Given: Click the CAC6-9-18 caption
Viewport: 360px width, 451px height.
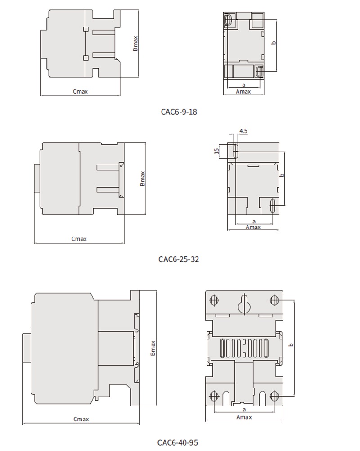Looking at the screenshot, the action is tap(179, 112).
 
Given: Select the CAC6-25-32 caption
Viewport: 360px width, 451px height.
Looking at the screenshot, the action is tap(178, 259).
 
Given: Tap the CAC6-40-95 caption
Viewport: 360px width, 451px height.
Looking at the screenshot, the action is tap(178, 442).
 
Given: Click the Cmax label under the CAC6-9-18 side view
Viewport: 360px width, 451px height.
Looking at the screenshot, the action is tap(80, 91).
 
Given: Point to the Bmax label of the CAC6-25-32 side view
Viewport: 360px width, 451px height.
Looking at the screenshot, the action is tap(143, 179).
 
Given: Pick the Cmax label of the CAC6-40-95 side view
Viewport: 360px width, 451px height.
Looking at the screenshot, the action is tap(81, 419).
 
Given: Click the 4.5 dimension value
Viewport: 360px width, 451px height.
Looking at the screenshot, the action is tap(243, 131).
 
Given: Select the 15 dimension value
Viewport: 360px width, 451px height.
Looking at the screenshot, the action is tap(217, 151).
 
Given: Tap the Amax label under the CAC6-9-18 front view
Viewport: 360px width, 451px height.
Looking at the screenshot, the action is tap(243, 91).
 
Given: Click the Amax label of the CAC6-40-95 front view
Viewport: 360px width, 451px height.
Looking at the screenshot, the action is tap(244, 417).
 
